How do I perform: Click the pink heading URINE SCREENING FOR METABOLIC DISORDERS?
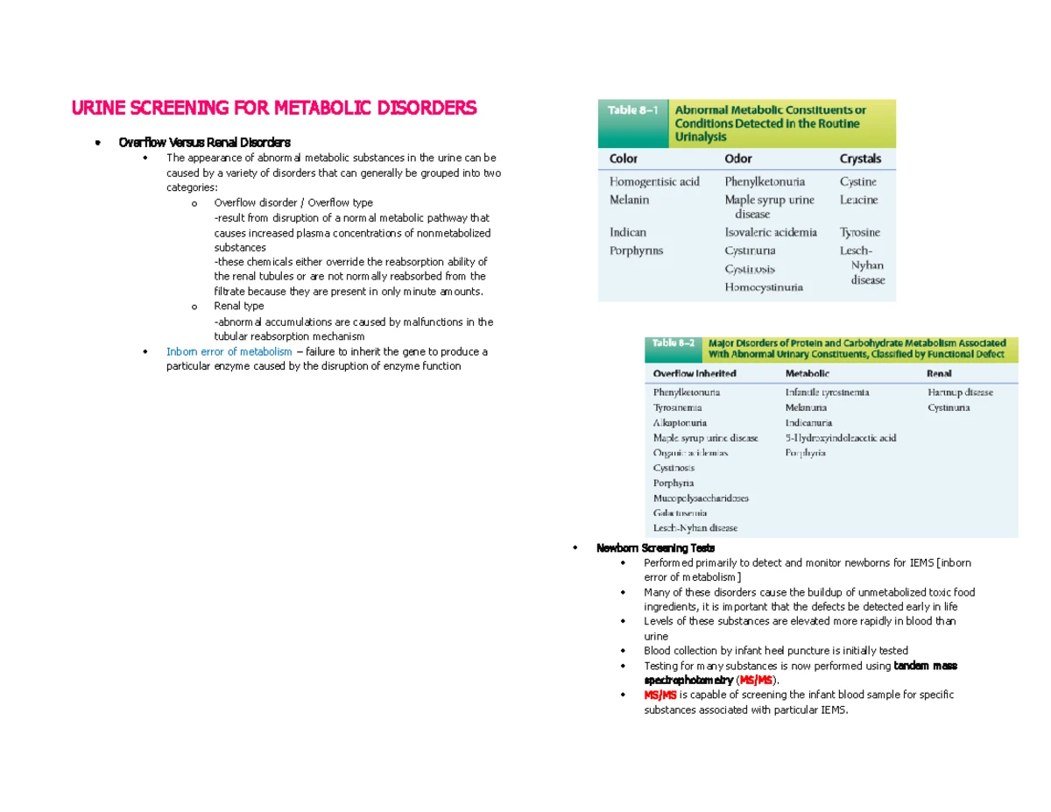pyautogui.click(x=273, y=108)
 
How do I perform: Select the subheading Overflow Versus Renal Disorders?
pyautogui.click(x=205, y=142)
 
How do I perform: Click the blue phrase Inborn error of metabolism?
pyautogui.click(x=229, y=351)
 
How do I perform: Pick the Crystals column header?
pyautogui.click(x=860, y=159)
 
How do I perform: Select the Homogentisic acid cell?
pyautogui.click(x=654, y=181)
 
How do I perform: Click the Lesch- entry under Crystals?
pyautogui.click(x=856, y=250)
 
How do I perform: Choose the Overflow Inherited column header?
pyautogui.click(x=695, y=373)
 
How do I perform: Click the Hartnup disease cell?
pyautogui.click(x=960, y=392)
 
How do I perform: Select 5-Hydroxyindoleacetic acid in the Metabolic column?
pyautogui.click(x=840, y=437)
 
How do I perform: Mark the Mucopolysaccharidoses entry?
pyautogui.click(x=701, y=498)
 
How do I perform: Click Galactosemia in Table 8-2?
pyautogui.click(x=680, y=512)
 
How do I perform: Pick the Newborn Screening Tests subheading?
pyautogui.click(x=655, y=547)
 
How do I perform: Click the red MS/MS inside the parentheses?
pyautogui.click(x=756, y=680)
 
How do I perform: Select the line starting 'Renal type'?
pyautogui.click(x=238, y=307)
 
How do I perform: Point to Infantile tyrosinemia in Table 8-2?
pyautogui.click(x=827, y=392)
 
